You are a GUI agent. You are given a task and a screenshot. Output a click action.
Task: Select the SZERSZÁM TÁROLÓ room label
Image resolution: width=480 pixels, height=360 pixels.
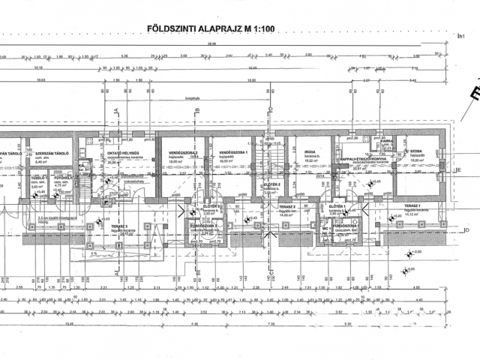click(52, 153)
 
